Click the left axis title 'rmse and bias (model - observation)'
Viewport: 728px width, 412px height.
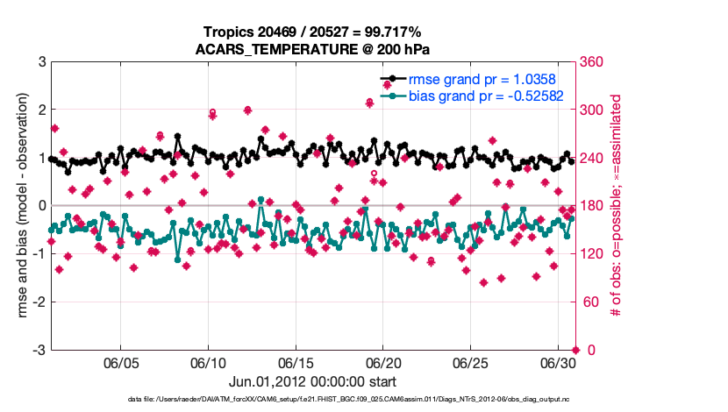tap(17, 206)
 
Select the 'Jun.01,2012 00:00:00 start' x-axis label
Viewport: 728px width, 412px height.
tap(313, 382)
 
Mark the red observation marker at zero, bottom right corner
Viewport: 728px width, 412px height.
tap(575, 350)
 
